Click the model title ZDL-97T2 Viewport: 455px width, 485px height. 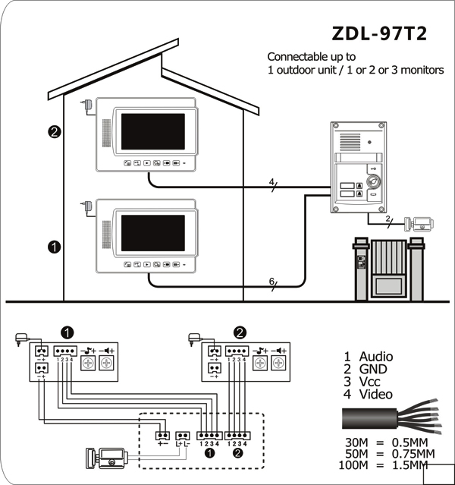[379, 33]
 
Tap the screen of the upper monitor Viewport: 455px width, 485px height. [153, 131]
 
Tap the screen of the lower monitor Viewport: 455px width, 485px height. [153, 233]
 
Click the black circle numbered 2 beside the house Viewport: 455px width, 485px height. [55, 132]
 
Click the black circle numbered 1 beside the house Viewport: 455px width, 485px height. [55, 247]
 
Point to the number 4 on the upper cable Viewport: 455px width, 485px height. [271, 182]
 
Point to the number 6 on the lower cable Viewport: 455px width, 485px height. [271, 282]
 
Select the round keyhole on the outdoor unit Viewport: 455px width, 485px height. [373, 181]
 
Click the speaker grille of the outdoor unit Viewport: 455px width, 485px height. [350, 142]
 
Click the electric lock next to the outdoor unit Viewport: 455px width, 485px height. [419, 224]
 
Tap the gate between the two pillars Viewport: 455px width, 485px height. [389, 269]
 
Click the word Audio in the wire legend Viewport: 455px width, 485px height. [376, 357]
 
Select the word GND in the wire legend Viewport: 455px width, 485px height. [373, 370]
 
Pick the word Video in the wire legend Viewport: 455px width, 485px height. [376, 395]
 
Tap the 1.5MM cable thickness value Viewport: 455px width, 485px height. [409, 465]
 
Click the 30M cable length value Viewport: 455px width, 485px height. [356, 442]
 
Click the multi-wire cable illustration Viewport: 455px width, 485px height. [391, 417]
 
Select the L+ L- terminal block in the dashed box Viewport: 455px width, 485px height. [183, 436]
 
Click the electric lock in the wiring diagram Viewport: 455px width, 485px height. [107, 458]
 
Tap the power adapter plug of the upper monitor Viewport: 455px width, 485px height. [87, 105]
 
